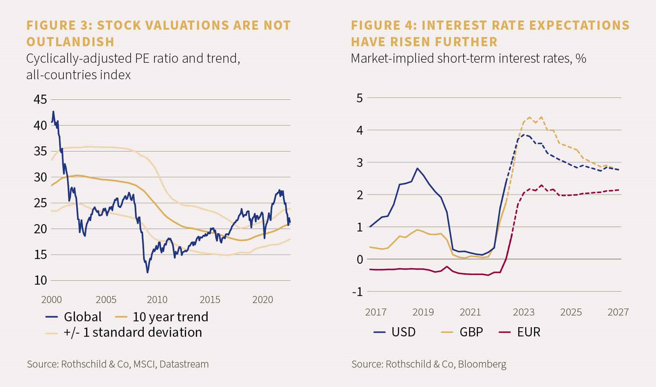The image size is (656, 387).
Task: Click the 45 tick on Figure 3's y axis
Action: click(40, 100)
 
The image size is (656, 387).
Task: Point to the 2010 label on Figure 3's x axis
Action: click(157, 300)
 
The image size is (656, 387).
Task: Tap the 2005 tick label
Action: click(106, 300)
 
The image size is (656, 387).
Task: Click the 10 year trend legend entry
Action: click(161, 317)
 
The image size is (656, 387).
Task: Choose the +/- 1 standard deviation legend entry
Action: click(123, 332)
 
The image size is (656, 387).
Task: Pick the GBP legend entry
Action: click(462, 332)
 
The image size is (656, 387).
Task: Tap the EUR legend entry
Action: click(519, 332)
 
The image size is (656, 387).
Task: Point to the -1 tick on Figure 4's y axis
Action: click(358, 292)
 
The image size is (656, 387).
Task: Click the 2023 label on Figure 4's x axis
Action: click(524, 312)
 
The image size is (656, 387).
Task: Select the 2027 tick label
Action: click(618, 312)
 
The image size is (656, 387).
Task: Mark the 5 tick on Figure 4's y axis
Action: click(360, 98)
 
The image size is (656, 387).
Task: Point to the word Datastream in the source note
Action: click(184, 364)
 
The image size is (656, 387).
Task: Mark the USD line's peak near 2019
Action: click(417, 168)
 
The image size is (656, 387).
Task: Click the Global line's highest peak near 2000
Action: click(53, 111)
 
